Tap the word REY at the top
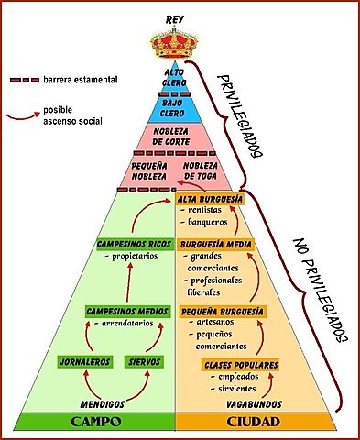click(x=175, y=18)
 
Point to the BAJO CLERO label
click(x=175, y=107)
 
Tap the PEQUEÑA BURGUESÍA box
click(x=223, y=312)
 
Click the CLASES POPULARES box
click(x=241, y=366)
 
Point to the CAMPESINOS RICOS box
click(x=133, y=245)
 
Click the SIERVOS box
click(x=145, y=362)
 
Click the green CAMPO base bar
click(x=96, y=423)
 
